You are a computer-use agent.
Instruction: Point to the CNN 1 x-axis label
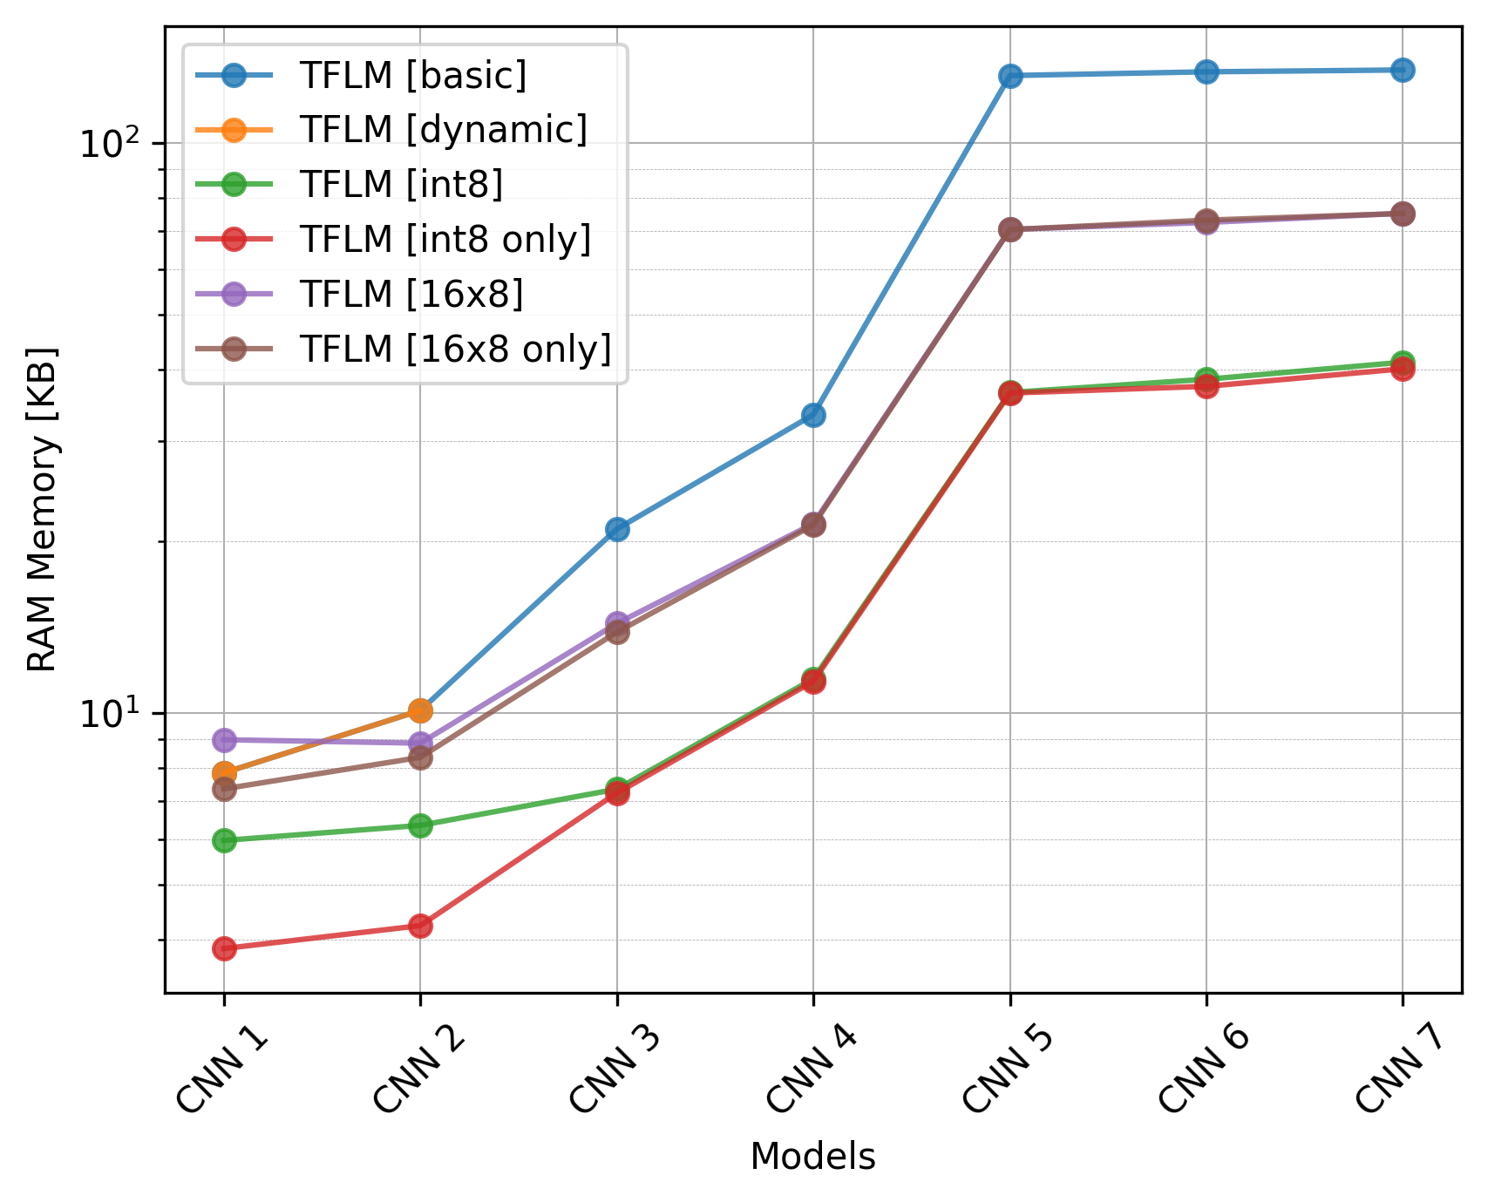221,1070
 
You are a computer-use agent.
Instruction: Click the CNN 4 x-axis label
811,1070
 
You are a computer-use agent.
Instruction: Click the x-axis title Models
812,1157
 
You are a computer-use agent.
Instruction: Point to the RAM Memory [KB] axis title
42,509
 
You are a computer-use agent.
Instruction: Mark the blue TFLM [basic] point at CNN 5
1010,76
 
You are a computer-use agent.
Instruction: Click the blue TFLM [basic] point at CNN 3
617,529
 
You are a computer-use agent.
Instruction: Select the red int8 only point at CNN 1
224,948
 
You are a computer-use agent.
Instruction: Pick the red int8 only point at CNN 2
420,926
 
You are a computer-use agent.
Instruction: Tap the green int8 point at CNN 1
224,840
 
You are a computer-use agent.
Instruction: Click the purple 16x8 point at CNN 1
224,740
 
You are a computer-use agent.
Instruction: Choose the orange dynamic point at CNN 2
420,710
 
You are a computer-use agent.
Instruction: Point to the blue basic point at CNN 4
813,415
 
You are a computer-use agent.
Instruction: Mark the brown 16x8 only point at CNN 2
420,757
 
